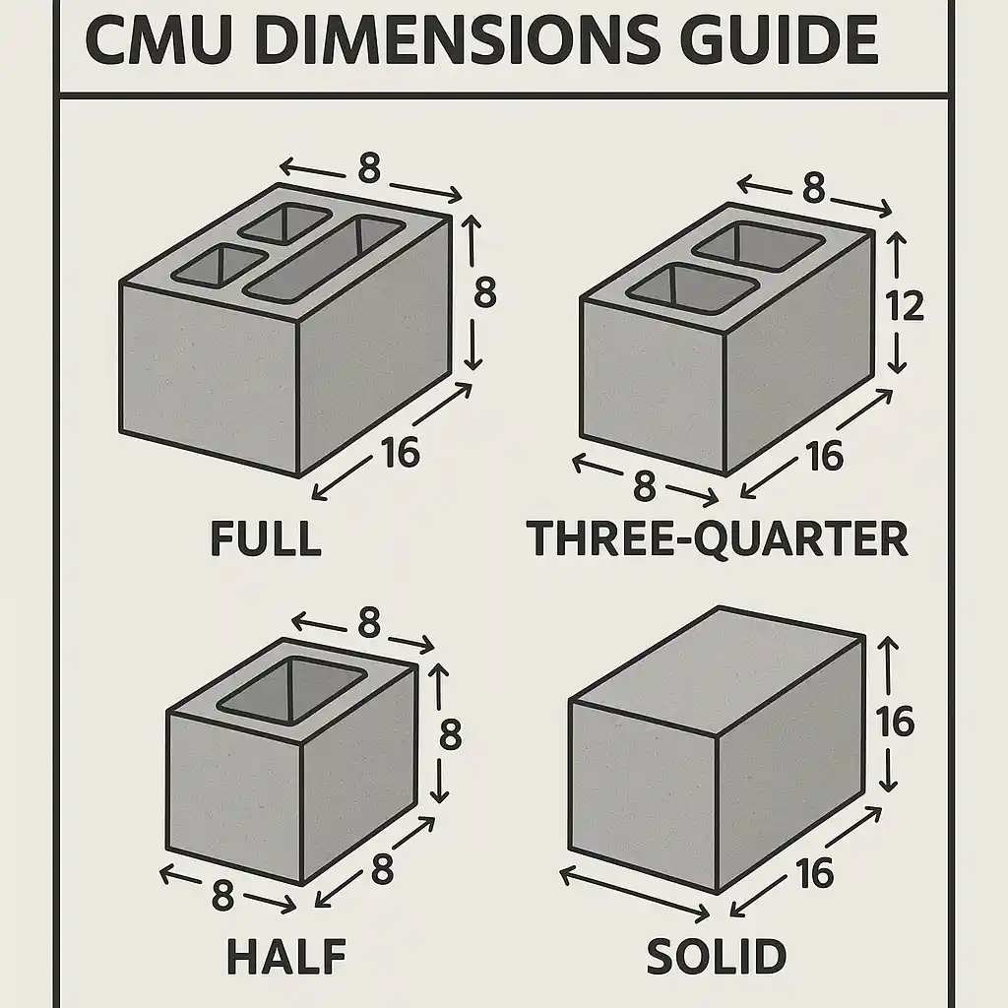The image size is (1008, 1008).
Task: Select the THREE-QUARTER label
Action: click(718, 538)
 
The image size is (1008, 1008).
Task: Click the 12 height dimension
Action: click(904, 306)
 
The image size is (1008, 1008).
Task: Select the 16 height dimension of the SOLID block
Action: click(895, 723)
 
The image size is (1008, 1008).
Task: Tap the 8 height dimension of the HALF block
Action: click(450, 734)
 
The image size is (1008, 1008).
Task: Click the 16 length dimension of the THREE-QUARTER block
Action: click(824, 455)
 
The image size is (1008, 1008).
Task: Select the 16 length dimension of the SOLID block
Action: click(815, 872)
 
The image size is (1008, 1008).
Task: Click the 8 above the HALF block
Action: click(368, 622)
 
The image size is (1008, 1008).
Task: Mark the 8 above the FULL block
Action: click(369, 169)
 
